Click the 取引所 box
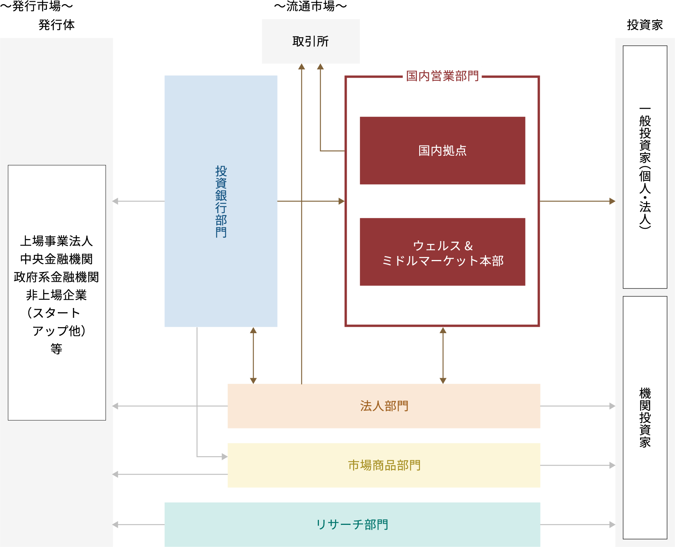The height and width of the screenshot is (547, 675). (x=311, y=41)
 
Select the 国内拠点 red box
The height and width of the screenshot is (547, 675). (x=442, y=150)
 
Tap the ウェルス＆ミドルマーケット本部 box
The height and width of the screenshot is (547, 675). (x=442, y=252)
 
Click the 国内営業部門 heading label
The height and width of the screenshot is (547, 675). (x=442, y=76)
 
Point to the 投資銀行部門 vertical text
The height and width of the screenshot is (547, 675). (x=221, y=201)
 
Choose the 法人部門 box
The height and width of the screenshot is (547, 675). (x=384, y=406)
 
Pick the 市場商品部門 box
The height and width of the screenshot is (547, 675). (x=384, y=465)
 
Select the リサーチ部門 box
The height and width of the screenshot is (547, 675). (x=352, y=524)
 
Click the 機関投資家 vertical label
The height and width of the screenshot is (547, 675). (x=645, y=418)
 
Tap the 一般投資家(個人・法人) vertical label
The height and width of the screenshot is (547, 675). (x=645, y=167)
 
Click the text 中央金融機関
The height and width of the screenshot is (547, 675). (x=56, y=259)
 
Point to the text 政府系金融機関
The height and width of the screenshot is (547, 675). (x=56, y=277)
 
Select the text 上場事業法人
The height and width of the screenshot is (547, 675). (x=56, y=241)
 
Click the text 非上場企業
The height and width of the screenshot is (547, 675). (x=56, y=295)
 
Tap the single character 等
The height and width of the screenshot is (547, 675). (x=56, y=349)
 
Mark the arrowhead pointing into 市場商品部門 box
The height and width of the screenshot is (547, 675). (x=225, y=457)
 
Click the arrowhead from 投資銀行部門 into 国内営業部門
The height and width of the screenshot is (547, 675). (x=341, y=201)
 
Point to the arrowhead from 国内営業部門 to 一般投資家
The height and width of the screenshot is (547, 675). (x=612, y=201)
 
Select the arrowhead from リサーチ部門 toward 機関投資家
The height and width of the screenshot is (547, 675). (x=612, y=524)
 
